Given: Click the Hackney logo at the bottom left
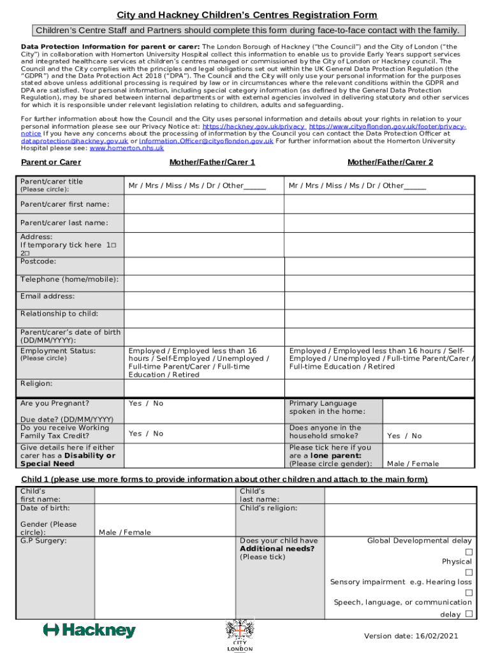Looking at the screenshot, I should click(89, 631).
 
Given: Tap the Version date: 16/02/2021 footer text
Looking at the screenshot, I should click(411, 636).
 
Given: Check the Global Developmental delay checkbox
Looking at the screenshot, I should click(469, 552).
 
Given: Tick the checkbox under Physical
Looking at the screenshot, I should click(469, 572).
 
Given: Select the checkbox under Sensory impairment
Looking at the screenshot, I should click(469, 592).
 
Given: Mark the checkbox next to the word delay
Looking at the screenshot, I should click(469, 614).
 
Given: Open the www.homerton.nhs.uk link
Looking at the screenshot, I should click(126, 148).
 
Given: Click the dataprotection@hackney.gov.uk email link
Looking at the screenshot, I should click(75, 141).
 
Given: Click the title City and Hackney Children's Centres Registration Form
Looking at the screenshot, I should click(246, 15).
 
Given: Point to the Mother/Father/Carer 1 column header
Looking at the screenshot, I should click(212, 162).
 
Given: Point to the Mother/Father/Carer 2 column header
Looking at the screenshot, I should click(390, 162).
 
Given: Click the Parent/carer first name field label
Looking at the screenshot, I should click(64, 204).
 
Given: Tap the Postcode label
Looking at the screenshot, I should click(38, 261).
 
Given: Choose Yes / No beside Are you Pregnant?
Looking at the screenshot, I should click(145, 403).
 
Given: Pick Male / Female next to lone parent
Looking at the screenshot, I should click(413, 464).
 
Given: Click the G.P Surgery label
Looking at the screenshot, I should click(43, 541).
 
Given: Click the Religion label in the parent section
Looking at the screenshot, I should click(36, 383).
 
